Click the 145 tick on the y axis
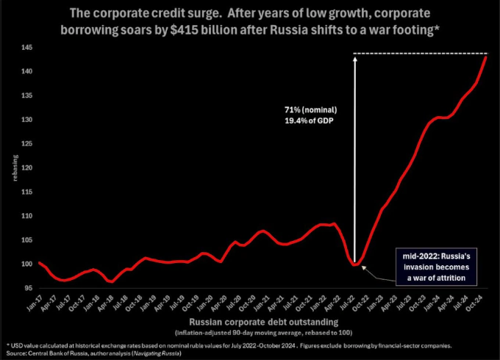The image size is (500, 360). [x=27, y=47]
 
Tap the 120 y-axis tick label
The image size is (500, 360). [x=27, y=168]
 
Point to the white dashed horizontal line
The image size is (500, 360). [x=419, y=53]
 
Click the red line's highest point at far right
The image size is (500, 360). [x=486, y=57]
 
